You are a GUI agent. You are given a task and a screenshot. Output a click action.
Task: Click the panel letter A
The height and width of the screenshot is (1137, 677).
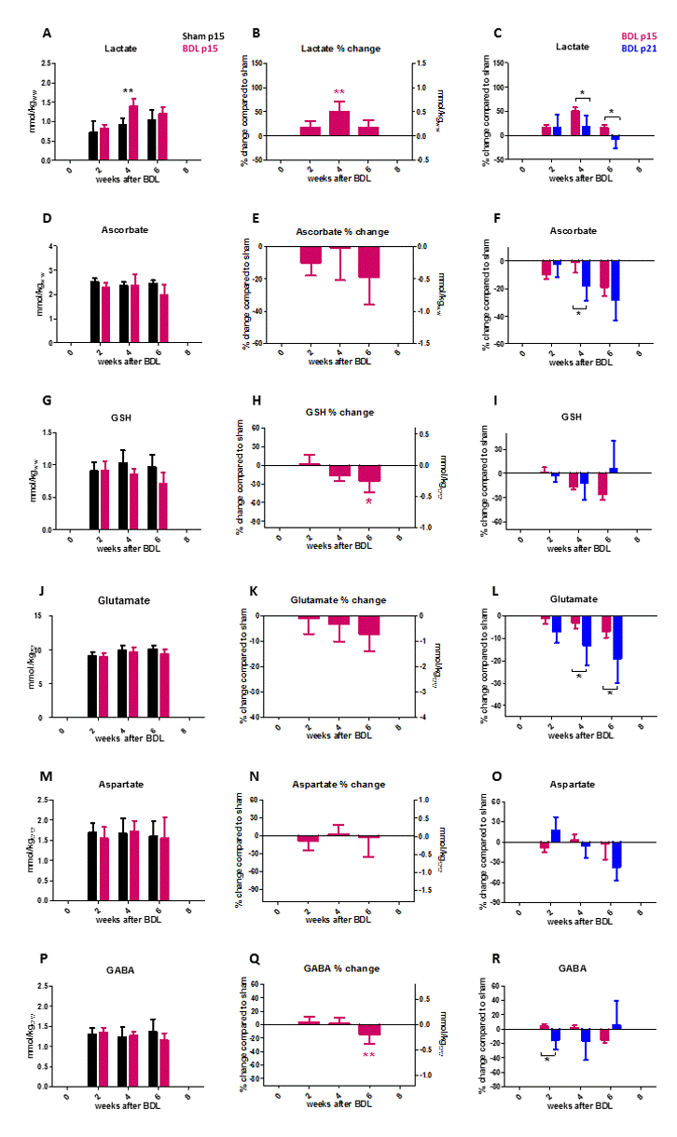point(47,34)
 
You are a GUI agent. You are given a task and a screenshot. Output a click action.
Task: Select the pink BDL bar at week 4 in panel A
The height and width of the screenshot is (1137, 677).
point(133,132)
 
